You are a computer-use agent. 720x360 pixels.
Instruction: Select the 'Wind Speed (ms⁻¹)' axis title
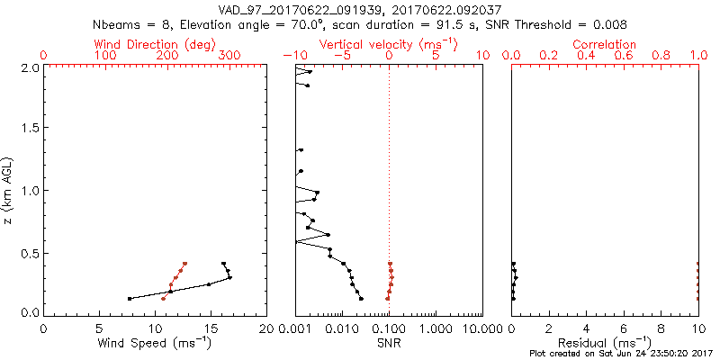[155, 343]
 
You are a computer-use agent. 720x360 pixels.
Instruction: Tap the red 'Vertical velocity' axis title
[389, 44]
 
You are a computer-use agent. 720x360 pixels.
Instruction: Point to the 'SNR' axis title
[389, 343]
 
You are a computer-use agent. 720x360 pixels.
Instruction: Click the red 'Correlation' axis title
[605, 44]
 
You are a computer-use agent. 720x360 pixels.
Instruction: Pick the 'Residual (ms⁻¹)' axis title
[605, 343]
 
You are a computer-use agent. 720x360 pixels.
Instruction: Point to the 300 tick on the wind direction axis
[230, 56]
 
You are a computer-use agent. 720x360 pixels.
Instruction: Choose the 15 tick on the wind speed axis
[211, 328]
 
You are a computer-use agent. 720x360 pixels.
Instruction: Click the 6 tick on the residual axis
[624, 328]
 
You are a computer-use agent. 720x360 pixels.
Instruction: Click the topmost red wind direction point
[184, 264]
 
